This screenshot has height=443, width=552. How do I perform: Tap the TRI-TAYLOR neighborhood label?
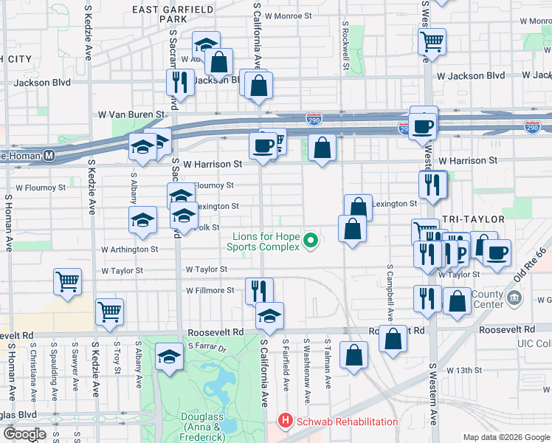[x=473, y=219]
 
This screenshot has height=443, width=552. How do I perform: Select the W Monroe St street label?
[x=290, y=15]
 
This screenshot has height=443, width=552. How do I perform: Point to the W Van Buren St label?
[x=131, y=115]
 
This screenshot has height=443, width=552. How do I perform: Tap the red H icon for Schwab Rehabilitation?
[x=284, y=422]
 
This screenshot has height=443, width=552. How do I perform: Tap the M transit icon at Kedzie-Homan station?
[x=49, y=156]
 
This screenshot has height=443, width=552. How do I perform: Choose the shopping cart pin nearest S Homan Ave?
[x=67, y=281]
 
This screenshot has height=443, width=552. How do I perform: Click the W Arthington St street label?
[x=130, y=250]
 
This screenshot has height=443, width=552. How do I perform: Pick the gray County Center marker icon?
[x=514, y=298]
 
